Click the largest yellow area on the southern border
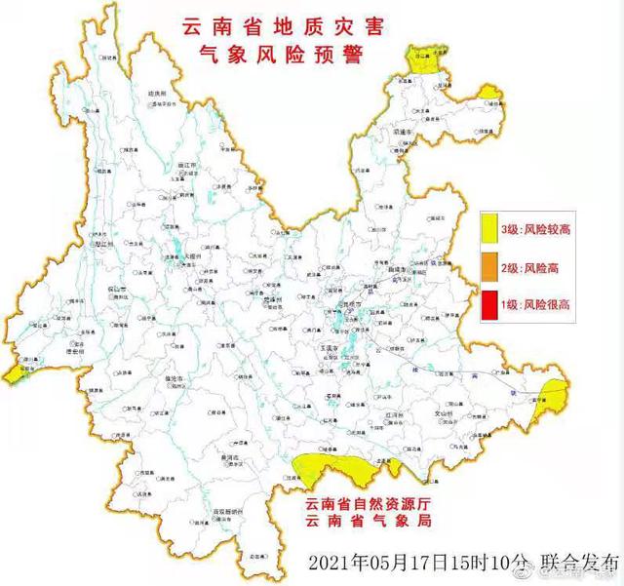331,469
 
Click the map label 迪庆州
157,93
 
